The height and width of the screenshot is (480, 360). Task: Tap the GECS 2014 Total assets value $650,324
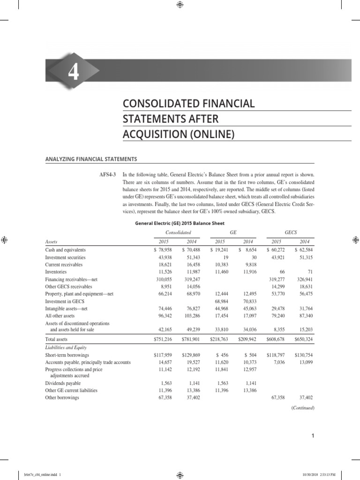[304, 338]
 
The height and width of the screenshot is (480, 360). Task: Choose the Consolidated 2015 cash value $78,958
[158, 250]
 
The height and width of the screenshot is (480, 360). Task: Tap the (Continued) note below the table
[303, 408]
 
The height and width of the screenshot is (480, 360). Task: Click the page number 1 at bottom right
[312, 437]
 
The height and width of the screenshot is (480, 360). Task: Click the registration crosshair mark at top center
[180, 5]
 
